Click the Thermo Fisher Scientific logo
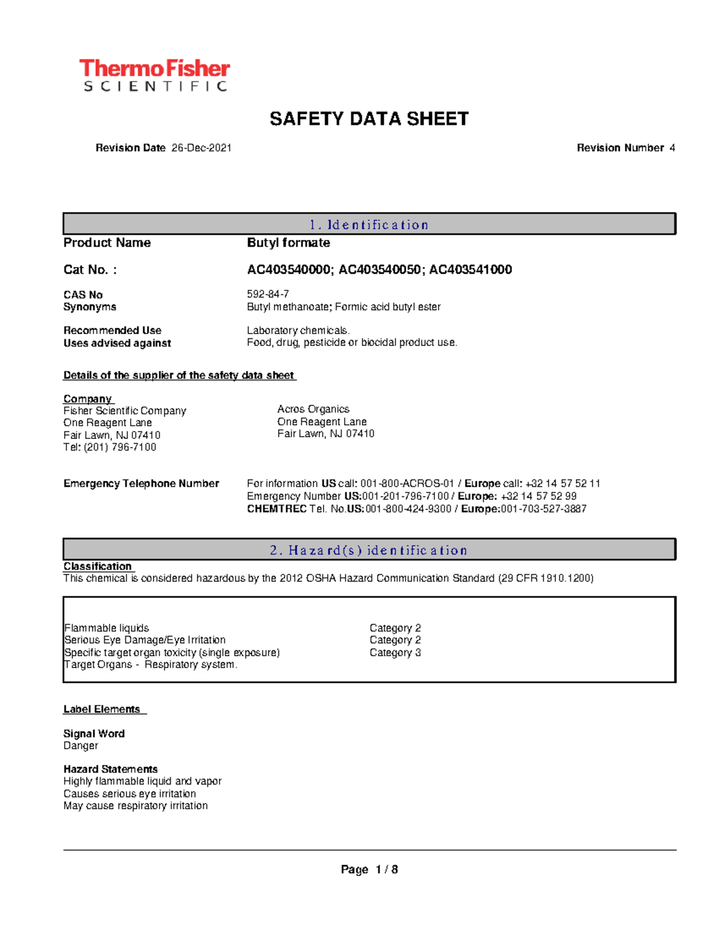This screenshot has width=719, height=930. coord(155,75)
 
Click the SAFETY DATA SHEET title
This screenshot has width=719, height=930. coord(368,119)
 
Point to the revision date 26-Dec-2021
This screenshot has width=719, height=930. coord(201,148)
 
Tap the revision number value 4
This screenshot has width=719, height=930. coord(672,148)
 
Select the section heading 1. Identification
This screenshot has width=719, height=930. coord(368,225)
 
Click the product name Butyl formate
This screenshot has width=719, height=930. coord(288,243)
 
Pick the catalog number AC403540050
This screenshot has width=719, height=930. coord(379,269)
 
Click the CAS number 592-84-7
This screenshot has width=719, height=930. coord(268,294)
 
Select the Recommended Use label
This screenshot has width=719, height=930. coord(112,330)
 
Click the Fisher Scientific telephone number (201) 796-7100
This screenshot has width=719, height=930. coord(120,447)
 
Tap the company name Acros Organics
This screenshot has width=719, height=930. coord(313,409)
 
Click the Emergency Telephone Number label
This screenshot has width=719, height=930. coord(141,483)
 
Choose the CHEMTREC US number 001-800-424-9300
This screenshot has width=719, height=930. coord(408,508)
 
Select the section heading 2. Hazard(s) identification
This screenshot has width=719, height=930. coord(368,550)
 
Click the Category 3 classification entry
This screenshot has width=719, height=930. coord(395,652)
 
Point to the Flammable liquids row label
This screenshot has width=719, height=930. coord(107,628)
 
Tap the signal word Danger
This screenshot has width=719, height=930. coord(81,746)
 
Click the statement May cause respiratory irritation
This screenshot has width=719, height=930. coord(135,805)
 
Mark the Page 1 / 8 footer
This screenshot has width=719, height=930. coord(369,869)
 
